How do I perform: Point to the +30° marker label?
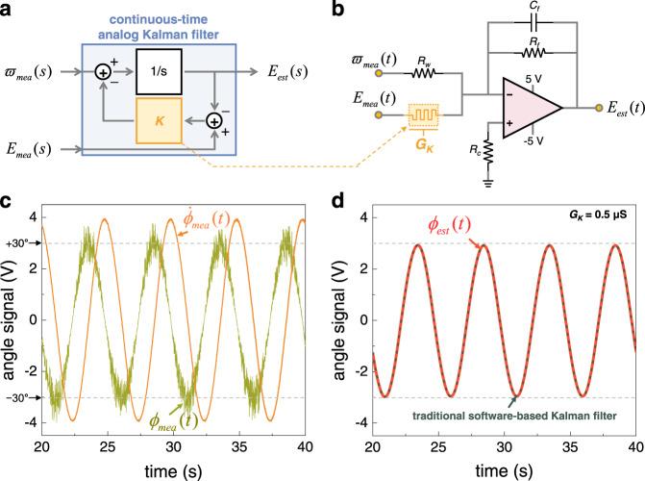point(17,243)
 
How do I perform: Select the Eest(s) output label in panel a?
point(279,70)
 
